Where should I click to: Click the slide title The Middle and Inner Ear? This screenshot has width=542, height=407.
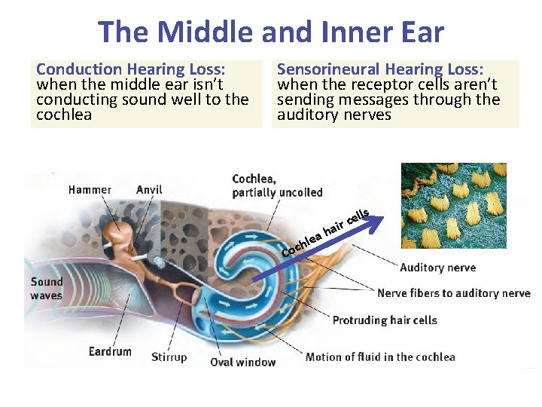coord(271,32)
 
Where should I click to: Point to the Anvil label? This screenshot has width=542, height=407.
coord(149,190)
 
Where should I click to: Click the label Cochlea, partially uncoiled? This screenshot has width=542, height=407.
coord(277,185)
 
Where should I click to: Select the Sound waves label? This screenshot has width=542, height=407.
coord(46,289)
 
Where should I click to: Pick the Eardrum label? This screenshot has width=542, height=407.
coord(110,351)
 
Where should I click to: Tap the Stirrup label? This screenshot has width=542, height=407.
coord(169,357)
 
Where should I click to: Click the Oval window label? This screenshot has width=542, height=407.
coord(242,362)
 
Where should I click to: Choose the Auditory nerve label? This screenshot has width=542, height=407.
coord(437,268)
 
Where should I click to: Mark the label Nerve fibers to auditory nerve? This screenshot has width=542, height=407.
coord(453,293)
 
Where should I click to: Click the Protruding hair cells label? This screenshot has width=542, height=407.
coord(385,320)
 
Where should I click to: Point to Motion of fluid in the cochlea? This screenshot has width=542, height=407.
coord(380,357)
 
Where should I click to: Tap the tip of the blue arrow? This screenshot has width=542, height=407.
coord(382,219)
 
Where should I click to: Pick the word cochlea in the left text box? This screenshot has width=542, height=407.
coord(64,115)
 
